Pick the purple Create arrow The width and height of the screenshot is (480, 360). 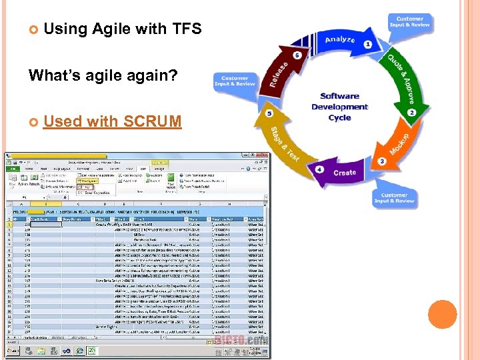343,172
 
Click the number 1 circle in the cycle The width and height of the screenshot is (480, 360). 368,45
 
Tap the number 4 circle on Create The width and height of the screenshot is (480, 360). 320,169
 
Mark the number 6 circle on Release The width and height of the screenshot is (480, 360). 297,55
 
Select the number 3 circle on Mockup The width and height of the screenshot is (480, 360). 381,161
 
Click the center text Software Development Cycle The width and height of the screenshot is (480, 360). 339,107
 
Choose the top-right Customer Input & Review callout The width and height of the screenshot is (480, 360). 409,23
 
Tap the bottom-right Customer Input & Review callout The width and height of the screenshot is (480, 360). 394,199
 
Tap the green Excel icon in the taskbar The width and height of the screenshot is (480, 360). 91,350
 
